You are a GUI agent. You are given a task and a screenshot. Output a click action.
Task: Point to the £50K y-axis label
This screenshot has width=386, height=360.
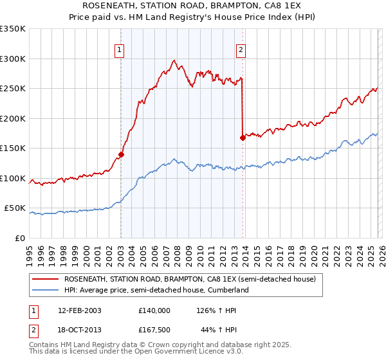pos(15,208)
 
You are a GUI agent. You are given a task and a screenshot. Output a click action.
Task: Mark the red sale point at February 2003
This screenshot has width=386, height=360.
pos(121,154)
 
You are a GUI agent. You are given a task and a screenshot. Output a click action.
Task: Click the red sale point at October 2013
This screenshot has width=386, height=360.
pos(243,138)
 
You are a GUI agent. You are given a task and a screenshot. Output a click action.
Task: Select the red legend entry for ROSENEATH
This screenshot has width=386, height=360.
pos(189,280)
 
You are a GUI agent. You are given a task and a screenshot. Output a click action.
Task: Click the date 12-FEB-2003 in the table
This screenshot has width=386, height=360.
pos(79,310)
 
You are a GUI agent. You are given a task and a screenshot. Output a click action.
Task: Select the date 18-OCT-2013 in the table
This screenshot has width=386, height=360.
pos(79,328)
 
